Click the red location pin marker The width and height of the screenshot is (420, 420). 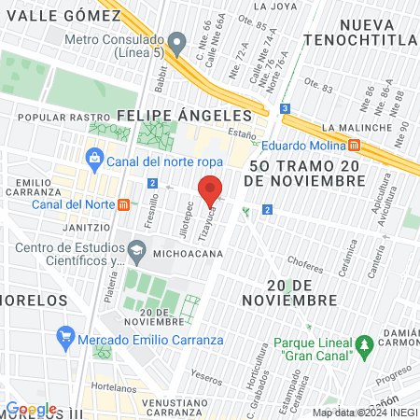pyautogui.click(x=211, y=189)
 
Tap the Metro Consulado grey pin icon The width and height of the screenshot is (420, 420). pyautogui.click(x=176, y=41)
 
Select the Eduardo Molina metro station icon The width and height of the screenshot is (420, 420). pyautogui.click(x=355, y=146)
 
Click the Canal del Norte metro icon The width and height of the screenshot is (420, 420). pyautogui.click(x=124, y=204)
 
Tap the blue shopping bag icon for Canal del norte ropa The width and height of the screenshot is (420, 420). pyautogui.click(x=92, y=157)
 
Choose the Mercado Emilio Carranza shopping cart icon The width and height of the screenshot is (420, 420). pyautogui.click(x=64, y=335)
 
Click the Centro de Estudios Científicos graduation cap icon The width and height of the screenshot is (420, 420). pyautogui.click(x=136, y=250)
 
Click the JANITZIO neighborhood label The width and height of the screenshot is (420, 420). pyautogui.click(x=85, y=227)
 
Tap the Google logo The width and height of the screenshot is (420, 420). pyautogui.click(x=32, y=409)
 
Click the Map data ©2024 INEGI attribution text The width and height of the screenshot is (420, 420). pyautogui.click(x=364, y=413)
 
